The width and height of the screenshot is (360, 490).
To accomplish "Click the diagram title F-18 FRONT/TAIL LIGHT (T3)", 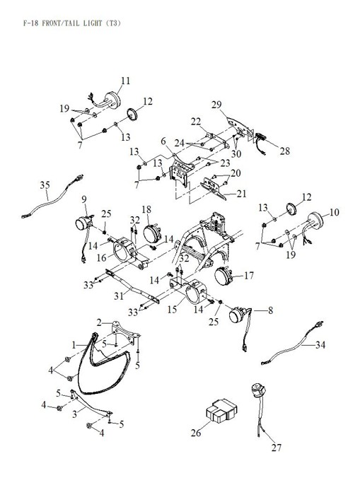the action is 71,23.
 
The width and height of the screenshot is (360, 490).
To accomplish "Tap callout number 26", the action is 196,433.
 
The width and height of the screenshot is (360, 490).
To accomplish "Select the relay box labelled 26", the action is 221,411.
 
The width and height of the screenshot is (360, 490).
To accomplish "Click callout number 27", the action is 277,448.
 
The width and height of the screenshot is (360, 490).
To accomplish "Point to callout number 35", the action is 45,185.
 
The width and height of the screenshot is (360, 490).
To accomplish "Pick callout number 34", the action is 320,344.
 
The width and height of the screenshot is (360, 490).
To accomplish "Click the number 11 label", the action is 125,81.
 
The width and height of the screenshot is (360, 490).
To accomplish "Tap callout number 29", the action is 216,105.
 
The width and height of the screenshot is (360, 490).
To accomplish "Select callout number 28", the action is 285,151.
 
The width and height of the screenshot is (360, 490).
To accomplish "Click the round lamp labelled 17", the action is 223,276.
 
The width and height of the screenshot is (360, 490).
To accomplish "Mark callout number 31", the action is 119,296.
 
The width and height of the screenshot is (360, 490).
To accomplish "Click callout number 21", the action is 241,194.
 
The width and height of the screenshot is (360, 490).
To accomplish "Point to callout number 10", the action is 334,212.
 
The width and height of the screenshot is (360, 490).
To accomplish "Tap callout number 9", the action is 84,199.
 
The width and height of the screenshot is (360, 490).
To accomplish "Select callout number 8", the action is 270,310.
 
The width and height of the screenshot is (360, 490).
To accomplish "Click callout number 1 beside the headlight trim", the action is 74,345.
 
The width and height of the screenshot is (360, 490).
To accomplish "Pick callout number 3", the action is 74,414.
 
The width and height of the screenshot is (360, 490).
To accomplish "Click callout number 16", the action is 102,258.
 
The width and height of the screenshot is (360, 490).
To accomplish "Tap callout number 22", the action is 196,122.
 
